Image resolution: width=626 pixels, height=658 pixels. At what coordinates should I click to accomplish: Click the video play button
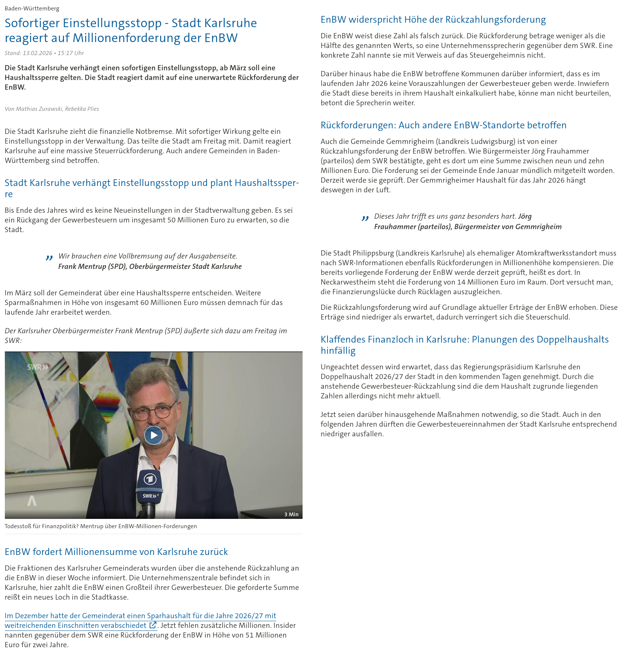coord(153,435)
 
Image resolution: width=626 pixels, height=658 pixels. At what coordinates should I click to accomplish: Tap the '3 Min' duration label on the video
coord(291,514)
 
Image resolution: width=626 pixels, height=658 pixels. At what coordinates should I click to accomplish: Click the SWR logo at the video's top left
coord(38,367)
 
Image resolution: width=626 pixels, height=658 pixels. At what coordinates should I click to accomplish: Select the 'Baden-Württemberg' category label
coord(32,8)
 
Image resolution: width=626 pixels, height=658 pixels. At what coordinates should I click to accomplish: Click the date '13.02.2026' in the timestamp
coord(37,53)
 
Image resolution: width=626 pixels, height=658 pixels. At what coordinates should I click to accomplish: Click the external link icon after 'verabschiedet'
coord(153,625)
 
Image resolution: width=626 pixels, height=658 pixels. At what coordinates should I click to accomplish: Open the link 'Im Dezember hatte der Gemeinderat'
coord(140,616)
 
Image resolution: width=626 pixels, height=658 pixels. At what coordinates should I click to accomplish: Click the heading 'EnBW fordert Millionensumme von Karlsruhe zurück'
coord(116,552)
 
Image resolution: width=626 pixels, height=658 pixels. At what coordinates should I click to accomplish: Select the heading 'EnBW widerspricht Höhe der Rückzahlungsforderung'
coord(433,19)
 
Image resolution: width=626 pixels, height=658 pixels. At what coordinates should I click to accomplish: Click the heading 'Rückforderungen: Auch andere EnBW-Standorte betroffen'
coord(443,125)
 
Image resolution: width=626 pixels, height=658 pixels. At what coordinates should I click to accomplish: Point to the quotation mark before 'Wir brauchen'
coord(49,257)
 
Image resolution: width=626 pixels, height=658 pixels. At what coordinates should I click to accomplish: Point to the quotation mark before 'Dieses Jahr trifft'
coord(365,218)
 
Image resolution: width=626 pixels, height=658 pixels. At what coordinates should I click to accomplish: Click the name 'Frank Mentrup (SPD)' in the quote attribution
coord(92,266)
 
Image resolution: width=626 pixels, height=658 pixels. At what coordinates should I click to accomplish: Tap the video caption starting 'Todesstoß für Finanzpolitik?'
coord(101,526)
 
